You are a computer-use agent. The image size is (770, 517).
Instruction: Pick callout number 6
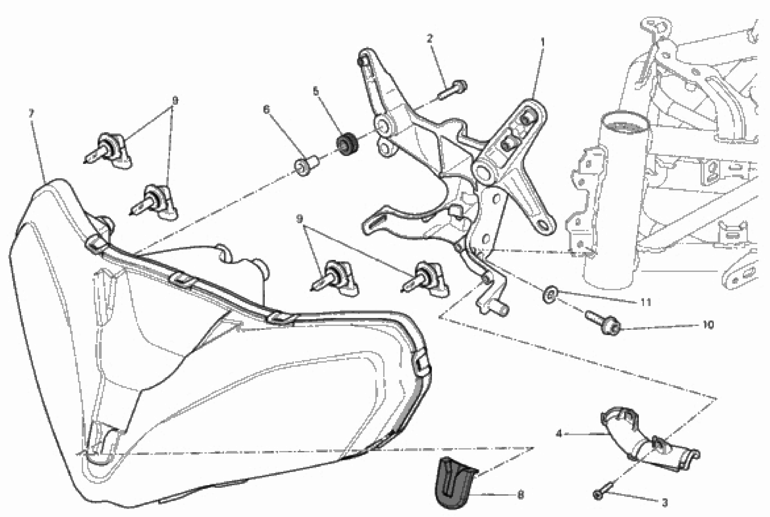click(x=266, y=109)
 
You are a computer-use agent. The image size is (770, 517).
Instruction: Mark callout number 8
click(x=520, y=495)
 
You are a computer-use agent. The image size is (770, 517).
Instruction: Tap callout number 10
click(x=708, y=325)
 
